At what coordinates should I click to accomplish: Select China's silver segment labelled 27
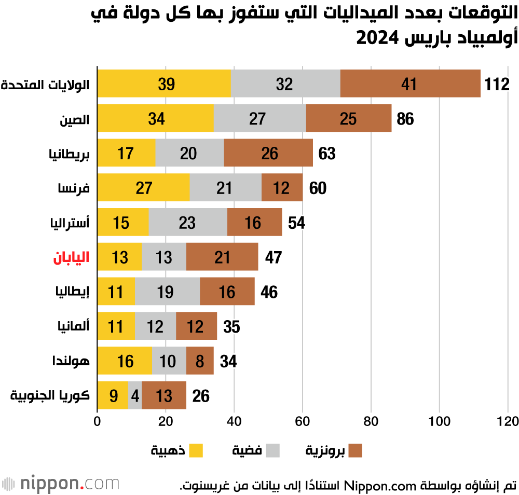[259, 118]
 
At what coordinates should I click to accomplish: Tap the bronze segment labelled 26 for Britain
[270, 153]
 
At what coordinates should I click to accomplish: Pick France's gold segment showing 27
[144, 187]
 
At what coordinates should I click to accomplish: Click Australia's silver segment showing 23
[188, 222]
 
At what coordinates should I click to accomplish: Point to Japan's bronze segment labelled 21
[222, 257]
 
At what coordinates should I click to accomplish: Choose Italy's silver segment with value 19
[167, 292]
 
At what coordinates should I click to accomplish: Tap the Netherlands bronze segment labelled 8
[200, 361]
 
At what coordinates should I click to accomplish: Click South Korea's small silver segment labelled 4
[135, 396]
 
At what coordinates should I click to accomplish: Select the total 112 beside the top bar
[497, 84]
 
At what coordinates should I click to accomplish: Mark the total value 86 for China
[405, 119]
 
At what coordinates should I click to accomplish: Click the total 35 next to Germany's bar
[231, 327]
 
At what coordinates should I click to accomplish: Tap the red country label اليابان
[71, 257]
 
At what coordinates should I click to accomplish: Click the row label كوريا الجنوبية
[50, 396]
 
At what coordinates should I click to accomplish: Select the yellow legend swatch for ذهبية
[196, 450]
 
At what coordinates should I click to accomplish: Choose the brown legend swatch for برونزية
[355, 450]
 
